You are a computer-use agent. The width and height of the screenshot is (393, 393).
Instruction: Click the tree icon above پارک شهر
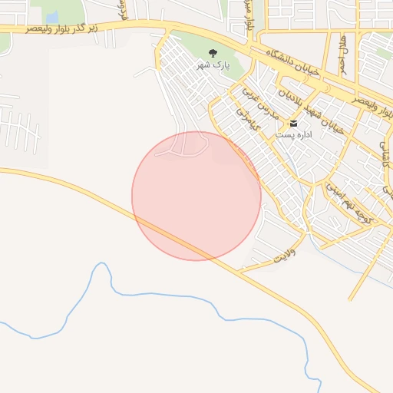tap(213, 53)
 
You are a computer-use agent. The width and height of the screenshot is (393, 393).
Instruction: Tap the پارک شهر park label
tap(213, 65)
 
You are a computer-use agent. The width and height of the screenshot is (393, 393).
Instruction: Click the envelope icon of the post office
tap(293, 124)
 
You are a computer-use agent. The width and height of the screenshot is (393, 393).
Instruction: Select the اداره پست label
tap(293, 134)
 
